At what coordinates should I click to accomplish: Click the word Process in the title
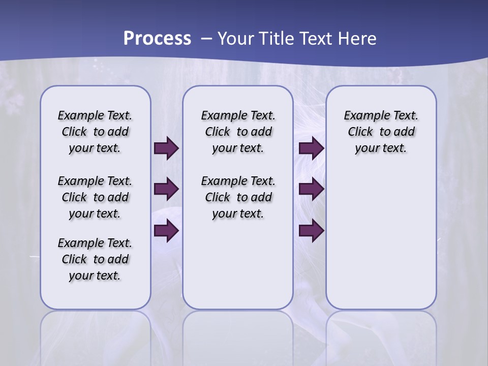click(157, 38)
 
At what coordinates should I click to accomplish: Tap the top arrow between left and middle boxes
click(166, 148)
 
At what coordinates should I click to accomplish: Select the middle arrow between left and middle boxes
click(166, 190)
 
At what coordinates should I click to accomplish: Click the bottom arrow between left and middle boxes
click(166, 231)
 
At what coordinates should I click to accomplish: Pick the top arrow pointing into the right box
click(311, 148)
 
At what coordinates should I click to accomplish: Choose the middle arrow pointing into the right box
click(311, 190)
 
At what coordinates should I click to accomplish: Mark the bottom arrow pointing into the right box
click(311, 231)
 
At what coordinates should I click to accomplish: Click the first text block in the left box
click(95, 132)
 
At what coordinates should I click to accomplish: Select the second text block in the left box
click(95, 197)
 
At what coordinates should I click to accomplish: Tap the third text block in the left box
click(95, 259)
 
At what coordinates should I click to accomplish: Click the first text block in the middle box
click(238, 132)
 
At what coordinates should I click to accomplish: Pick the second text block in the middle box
click(238, 197)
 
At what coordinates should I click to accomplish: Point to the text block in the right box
click(381, 132)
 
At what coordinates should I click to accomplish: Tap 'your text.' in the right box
click(381, 148)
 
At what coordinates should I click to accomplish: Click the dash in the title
click(206, 38)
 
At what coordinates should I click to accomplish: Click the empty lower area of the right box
click(381, 244)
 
